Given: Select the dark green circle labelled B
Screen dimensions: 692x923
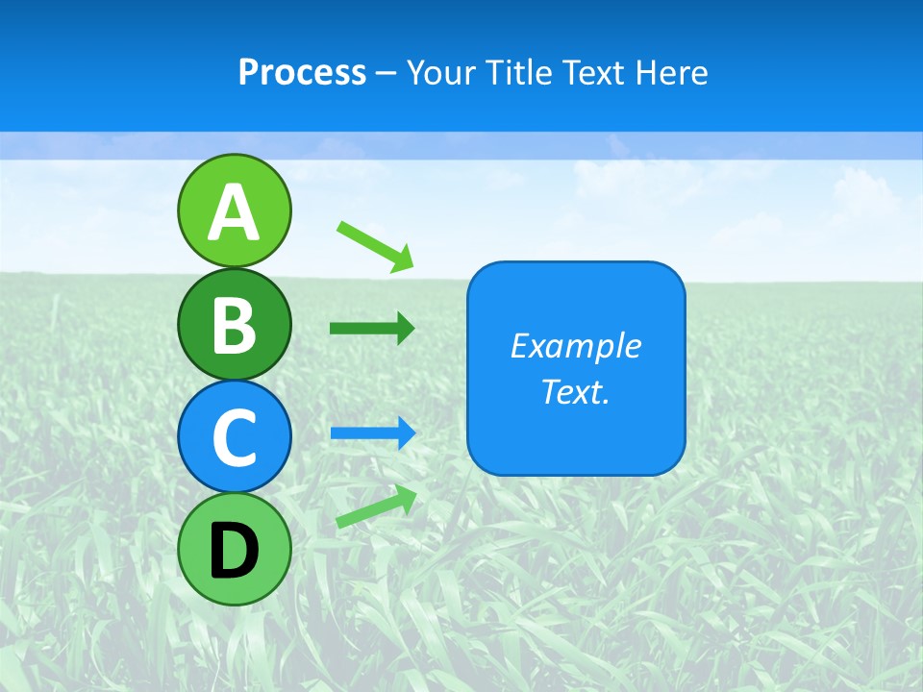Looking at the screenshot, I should click(235, 324).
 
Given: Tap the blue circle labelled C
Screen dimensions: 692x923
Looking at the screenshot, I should click(235, 436).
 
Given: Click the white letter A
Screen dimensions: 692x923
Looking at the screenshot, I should click(235, 212).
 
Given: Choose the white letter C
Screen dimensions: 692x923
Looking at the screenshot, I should click(235, 437).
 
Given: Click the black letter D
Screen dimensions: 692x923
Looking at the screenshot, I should click(235, 550).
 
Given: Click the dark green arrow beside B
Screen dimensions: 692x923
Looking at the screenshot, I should click(372, 329).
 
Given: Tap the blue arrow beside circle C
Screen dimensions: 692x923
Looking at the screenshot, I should click(373, 432).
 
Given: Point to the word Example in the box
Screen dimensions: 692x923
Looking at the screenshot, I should click(576, 346).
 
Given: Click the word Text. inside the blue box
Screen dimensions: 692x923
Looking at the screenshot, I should click(576, 391).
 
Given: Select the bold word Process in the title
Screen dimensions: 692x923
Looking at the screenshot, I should click(302, 72).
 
